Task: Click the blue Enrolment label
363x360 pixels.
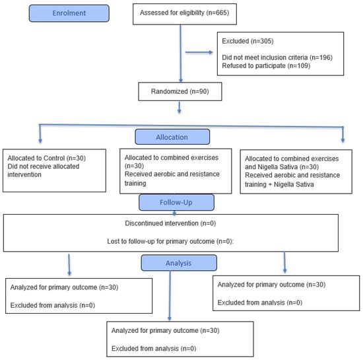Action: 69,13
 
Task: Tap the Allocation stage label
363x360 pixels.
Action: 172,137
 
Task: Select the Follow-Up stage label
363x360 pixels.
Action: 176,203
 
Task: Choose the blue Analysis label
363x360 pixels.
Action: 179,263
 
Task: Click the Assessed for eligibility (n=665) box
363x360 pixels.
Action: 185,14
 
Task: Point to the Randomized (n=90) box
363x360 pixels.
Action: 180,92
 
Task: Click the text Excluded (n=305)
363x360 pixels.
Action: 247,41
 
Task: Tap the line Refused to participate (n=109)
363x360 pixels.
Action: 266,66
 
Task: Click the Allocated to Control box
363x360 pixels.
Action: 54,170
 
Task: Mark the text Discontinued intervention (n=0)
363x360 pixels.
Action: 170,223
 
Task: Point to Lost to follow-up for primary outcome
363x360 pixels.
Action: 161,241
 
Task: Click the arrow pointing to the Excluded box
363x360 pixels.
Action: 199,52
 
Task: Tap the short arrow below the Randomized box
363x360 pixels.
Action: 179,107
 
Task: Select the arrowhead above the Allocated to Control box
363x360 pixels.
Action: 40,141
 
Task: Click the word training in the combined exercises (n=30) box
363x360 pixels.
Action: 135,184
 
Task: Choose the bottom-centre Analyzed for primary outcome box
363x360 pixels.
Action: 180,339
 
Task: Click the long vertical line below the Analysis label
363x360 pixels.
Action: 170,296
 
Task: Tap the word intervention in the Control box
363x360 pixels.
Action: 24,174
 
